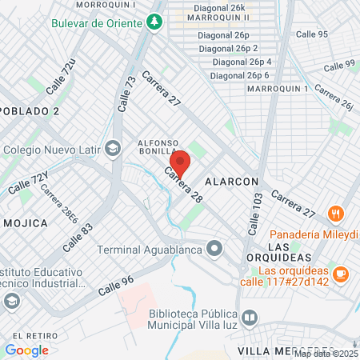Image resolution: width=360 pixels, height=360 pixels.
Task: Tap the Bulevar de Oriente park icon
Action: pyautogui.click(x=153, y=22)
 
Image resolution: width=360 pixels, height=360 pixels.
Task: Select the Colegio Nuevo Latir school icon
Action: pyautogui.click(x=113, y=148)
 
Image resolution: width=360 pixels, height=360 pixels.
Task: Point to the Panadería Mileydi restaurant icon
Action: pyautogui.click(x=335, y=214)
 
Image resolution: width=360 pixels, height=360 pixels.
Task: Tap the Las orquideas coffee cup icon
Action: pyautogui.click(x=341, y=274)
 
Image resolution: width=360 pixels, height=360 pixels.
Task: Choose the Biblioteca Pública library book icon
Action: pyautogui.click(x=250, y=318)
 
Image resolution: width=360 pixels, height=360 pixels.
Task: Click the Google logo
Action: pyautogui.click(x=26, y=350)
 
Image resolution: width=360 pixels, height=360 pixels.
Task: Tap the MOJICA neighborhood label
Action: pyautogui.click(x=26, y=222)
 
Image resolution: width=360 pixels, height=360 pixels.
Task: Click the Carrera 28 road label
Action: pyautogui.click(x=183, y=185)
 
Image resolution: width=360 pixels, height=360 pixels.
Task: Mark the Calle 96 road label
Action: pyautogui.click(x=116, y=286)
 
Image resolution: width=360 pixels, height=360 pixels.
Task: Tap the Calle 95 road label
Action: pyautogui.click(x=312, y=34)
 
